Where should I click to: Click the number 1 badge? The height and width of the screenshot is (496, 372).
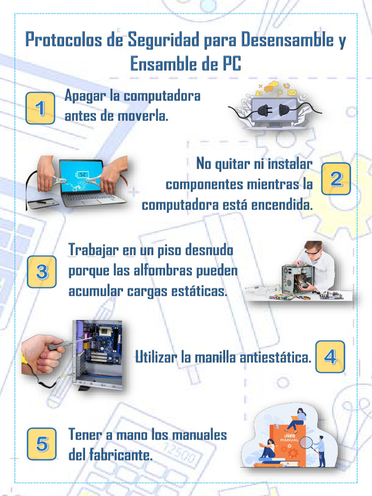pos(40,108)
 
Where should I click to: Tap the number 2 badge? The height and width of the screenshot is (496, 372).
pos(336,179)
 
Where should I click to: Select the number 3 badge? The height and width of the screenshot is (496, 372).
pos(42,272)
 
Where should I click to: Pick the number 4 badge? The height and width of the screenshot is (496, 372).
pos(330,356)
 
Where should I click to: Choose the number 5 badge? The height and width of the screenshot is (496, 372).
pos(42,443)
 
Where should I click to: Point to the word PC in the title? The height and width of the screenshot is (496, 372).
pos(231,64)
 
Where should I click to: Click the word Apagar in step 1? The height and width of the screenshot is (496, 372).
pos(85,95)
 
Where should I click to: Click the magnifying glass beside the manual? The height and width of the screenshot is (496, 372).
pos(306,442)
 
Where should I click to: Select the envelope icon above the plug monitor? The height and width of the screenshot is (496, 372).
pos(292,92)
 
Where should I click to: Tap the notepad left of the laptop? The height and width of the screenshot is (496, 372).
pos(43,202)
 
